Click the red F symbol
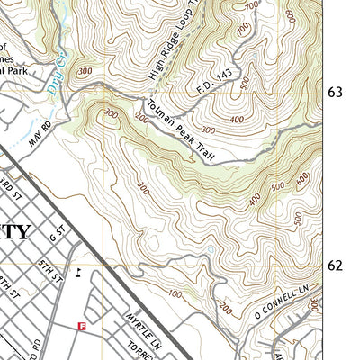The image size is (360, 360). (82, 327)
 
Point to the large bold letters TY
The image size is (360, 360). (15, 231)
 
